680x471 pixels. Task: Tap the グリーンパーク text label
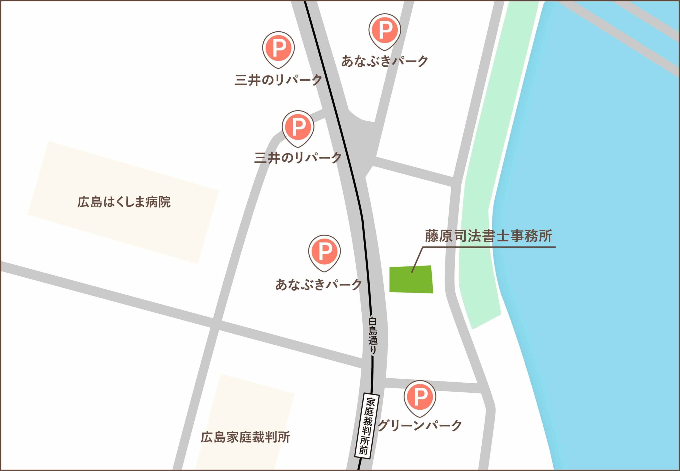click(420, 426)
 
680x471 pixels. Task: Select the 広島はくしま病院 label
click(124, 202)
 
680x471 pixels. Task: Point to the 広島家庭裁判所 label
click(245, 437)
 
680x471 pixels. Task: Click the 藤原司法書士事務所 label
click(488, 236)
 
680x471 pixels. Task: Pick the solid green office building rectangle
click(411, 279)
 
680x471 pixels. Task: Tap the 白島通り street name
click(373, 336)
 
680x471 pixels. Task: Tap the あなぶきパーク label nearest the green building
click(318, 285)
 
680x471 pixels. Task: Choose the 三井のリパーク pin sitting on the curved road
click(298, 127)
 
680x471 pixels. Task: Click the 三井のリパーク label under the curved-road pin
click(298, 158)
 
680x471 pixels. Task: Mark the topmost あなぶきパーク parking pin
click(385, 30)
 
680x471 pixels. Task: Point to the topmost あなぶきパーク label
click(385, 61)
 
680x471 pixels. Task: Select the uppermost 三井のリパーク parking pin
click(278, 48)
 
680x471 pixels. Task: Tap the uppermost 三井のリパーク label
click(278, 80)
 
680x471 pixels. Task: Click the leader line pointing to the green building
click(417, 260)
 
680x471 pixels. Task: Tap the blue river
click(590, 236)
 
